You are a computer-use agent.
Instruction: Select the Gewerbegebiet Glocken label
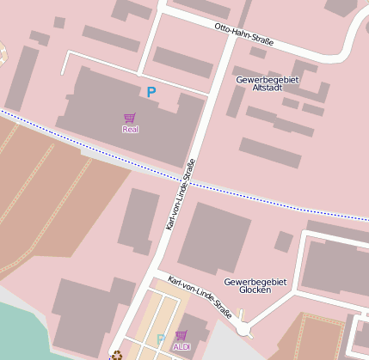pyautogui.click(x=248, y=286)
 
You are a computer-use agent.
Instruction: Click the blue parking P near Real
pyautogui.click(x=151, y=92)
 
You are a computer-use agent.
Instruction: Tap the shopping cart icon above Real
pyautogui.click(x=130, y=118)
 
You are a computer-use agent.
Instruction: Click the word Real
pyautogui.click(x=130, y=130)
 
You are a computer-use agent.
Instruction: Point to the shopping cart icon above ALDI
pyautogui.click(x=181, y=335)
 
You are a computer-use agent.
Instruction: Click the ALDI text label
pyautogui.click(x=181, y=346)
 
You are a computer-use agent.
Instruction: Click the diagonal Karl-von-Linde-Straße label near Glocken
pyautogui.click(x=200, y=297)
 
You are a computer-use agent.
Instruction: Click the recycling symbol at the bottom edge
pyautogui.click(x=116, y=354)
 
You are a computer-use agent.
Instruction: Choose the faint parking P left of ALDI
pyautogui.click(x=160, y=339)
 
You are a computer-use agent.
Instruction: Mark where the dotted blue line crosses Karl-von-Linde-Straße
pyautogui.click(x=188, y=182)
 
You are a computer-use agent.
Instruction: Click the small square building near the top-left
pyautogui.click(x=59, y=22)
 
